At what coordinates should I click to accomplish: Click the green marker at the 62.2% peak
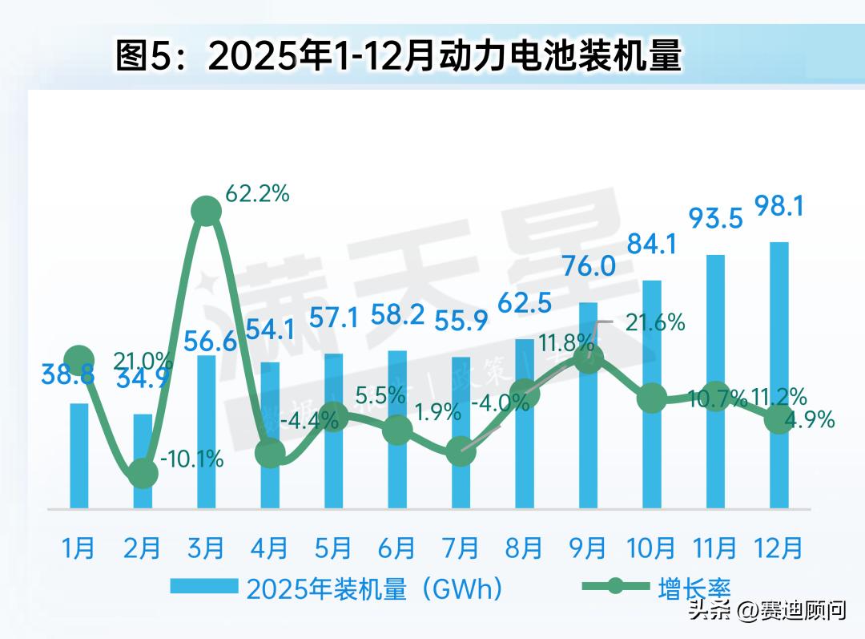[x=206, y=211]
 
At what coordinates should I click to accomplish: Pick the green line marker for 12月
[x=779, y=419]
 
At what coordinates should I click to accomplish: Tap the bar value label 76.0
[x=589, y=266]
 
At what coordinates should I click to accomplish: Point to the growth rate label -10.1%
[x=191, y=460]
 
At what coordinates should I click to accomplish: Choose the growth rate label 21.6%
[x=655, y=322]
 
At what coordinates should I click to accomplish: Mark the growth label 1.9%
[x=439, y=412]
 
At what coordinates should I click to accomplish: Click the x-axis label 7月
[x=461, y=548]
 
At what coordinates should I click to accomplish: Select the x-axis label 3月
[x=206, y=548]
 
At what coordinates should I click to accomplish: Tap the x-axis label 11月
[x=715, y=548]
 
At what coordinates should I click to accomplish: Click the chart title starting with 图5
[x=398, y=58]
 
